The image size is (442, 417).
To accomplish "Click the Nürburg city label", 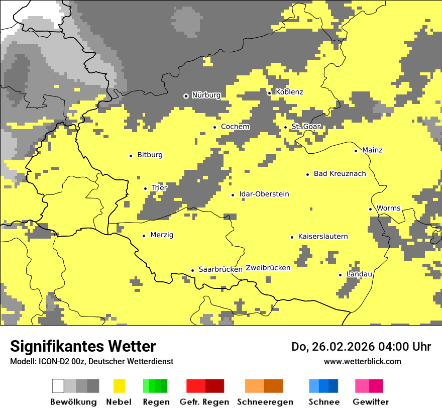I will [x=206, y=95].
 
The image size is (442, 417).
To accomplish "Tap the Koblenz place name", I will [x=289, y=92].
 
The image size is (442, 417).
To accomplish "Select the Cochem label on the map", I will [x=235, y=127].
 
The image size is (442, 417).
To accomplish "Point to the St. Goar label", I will [x=306, y=127].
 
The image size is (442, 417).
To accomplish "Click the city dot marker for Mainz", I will [x=356, y=151].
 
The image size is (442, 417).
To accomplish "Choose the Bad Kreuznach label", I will [x=340, y=174].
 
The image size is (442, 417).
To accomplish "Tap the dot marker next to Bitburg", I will [x=131, y=156].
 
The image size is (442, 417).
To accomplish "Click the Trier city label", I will [x=159, y=188].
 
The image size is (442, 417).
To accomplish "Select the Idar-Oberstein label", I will [x=264, y=194].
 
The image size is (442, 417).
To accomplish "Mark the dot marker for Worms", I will [x=370, y=209].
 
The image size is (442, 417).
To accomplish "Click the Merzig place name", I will [x=162, y=235].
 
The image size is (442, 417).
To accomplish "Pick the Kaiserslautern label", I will [x=323, y=237].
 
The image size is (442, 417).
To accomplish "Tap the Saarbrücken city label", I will [x=220, y=269].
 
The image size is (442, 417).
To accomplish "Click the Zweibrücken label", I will [x=268, y=268].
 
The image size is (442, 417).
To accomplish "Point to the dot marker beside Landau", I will [x=341, y=275].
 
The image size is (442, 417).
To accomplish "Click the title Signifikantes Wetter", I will [x=83, y=346].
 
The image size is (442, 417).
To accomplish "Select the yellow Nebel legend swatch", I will [x=119, y=386].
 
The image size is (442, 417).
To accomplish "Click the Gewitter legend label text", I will [x=371, y=402].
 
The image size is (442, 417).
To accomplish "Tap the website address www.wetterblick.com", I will [x=362, y=361].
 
